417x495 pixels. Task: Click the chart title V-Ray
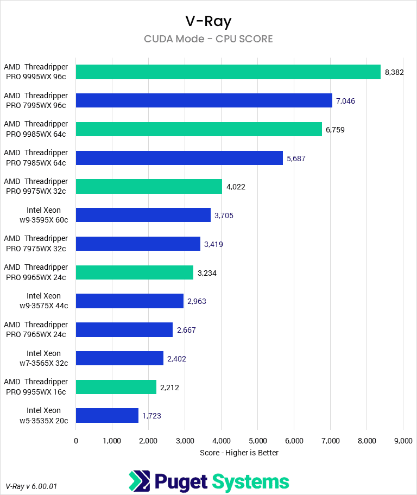pyautogui.click(x=208, y=21)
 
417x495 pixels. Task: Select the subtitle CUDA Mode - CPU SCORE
pyautogui.click(x=208, y=39)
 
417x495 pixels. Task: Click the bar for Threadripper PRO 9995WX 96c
pyautogui.click(x=228, y=72)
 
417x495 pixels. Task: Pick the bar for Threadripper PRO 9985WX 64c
pyautogui.click(x=199, y=129)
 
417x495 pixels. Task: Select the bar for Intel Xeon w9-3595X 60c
pyautogui.click(x=143, y=215)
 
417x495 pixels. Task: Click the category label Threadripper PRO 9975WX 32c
pyautogui.click(x=36, y=186)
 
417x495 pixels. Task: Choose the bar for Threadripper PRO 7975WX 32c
pyautogui.click(x=138, y=244)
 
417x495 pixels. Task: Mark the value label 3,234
pyautogui.click(x=207, y=273)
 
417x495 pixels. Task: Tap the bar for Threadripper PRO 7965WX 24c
pyautogui.click(x=124, y=329)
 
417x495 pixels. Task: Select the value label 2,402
pyautogui.click(x=177, y=358)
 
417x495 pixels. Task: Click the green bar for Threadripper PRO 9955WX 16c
pyautogui.click(x=116, y=387)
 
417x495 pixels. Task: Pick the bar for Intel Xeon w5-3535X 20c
pyautogui.click(x=107, y=416)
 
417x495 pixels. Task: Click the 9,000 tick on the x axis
pyautogui.click(x=402, y=441)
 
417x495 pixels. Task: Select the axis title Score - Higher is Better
pyautogui.click(x=239, y=453)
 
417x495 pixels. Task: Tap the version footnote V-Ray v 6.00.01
pyautogui.click(x=31, y=486)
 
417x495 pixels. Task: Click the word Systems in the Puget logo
pyautogui.click(x=250, y=481)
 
